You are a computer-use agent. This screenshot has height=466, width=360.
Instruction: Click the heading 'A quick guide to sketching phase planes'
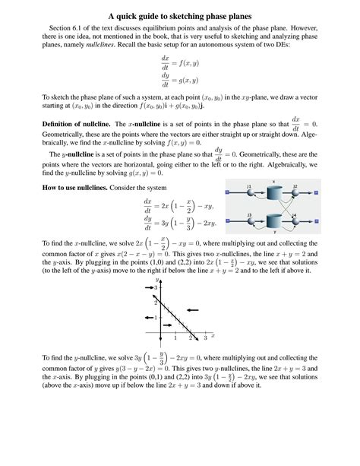coord(180,16)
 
